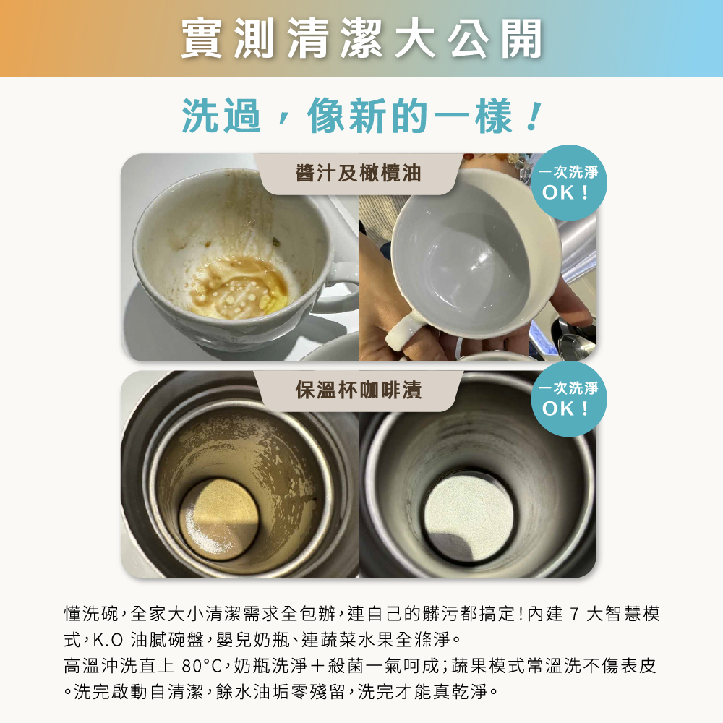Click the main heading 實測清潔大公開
pos(361,39)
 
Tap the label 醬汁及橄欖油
pos(359,174)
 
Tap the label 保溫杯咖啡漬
pos(359,390)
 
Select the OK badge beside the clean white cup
pos(568,183)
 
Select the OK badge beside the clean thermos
pos(568,399)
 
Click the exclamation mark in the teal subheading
pos(534,116)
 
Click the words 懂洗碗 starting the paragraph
pos(91,614)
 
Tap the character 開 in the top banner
pos(521,39)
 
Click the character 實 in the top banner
pos(202,39)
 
